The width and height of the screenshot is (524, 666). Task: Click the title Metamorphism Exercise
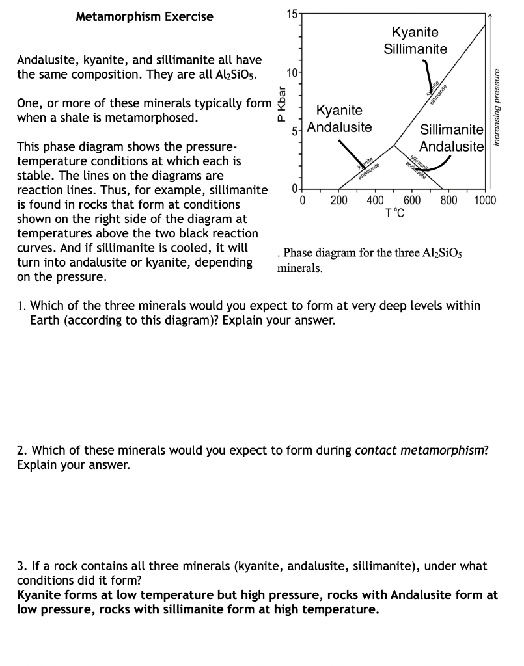coord(145,16)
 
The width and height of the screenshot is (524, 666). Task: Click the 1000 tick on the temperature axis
coord(485,200)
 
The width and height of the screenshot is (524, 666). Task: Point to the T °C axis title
coord(394,213)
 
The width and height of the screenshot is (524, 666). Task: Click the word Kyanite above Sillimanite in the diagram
coord(415,33)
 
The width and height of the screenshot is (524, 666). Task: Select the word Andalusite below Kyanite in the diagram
coord(340,127)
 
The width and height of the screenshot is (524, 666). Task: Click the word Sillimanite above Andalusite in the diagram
coord(451,129)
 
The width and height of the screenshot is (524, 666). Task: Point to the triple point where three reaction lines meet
coord(393,144)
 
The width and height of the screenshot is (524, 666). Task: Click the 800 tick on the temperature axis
coord(448,200)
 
